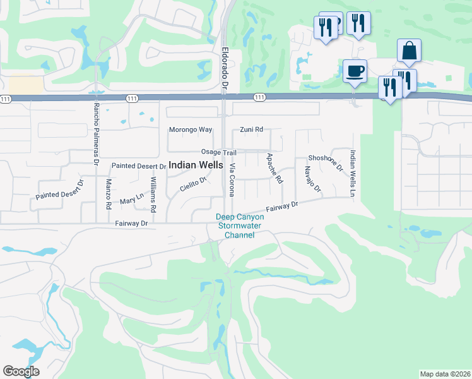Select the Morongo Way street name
click(190, 129)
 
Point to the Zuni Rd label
click(251, 129)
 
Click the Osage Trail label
click(218, 152)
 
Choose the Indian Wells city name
click(196, 164)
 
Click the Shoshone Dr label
click(325, 163)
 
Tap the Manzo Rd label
click(109, 194)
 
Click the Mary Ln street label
click(131, 199)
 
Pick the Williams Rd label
click(154, 194)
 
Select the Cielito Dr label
click(193, 184)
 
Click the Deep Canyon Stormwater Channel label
click(240, 226)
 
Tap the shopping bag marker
click(409, 50)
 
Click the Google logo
click(21, 371)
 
